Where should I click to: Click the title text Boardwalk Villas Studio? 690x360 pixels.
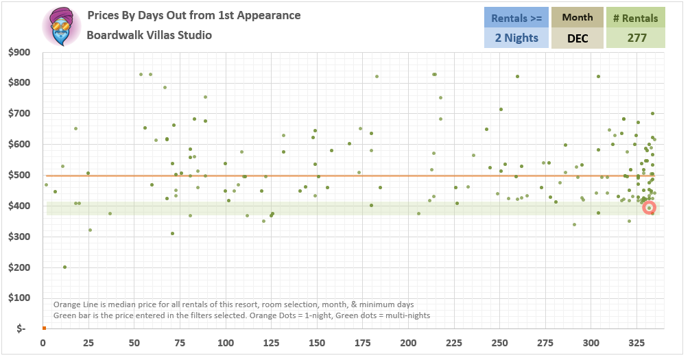pos(149,35)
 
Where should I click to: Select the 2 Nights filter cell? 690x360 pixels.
pos(516,38)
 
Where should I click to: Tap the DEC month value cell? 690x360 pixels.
pos(577,38)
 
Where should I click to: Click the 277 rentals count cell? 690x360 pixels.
pos(637,38)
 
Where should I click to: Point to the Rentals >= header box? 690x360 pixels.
pos(516,18)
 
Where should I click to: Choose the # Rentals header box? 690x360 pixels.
pos(637,18)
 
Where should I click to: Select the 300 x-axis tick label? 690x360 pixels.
pos(591,343)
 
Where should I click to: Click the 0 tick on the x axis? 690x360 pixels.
pos(43,343)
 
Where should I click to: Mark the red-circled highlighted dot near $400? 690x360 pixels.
pos(649,208)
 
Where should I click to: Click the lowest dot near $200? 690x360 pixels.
pos(64,267)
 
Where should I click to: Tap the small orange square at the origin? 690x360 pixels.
pos(43,328)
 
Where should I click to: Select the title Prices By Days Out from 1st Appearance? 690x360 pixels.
pos(193,15)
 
